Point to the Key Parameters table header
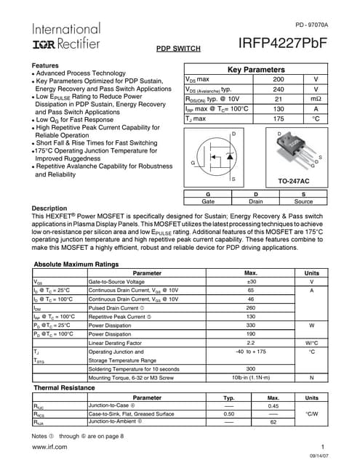pyautogui.click(x=256, y=70)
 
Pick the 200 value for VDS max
pyautogui.click(x=279, y=78)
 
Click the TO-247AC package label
pyautogui.click(x=294, y=179)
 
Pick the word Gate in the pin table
pyautogui.click(x=208, y=201)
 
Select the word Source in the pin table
pyautogui.click(x=303, y=201)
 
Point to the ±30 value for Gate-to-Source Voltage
pyautogui.click(x=251, y=281)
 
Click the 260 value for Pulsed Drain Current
pyautogui.click(x=251, y=307)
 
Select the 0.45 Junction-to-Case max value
pyautogui.click(x=273, y=406)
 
